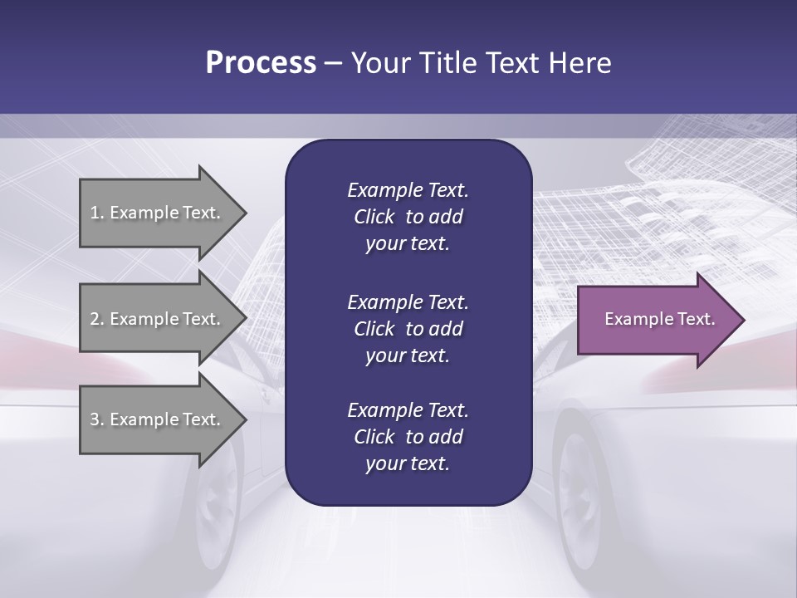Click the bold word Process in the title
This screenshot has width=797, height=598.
(x=261, y=63)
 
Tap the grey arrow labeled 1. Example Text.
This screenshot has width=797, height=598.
(x=158, y=213)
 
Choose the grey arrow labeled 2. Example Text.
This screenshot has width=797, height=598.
(x=158, y=319)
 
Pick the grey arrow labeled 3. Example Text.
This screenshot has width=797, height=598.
(x=158, y=419)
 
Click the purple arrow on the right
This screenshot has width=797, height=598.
(x=656, y=320)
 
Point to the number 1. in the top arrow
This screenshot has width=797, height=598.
(x=97, y=213)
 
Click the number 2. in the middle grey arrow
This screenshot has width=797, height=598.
(x=97, y=319)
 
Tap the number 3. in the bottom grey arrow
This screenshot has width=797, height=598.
(x=97, y=419)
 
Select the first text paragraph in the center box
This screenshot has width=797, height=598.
(x=408, y=217)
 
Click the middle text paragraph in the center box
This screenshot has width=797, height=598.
(x=408, y=329)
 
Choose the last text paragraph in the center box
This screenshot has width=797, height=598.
(x=408, y=437)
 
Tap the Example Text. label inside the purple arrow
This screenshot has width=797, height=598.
(x=659, y=319)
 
